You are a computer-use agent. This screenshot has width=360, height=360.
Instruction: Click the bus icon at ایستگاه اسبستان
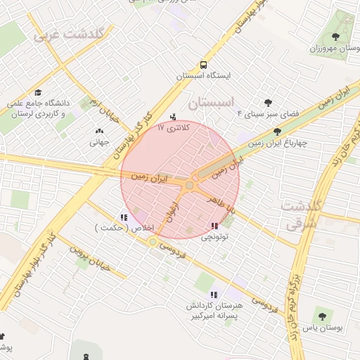click(x=203, y=63)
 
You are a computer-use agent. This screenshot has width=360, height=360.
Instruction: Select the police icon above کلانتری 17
click(x=174, y=116)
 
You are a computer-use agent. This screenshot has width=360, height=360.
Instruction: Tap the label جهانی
click(x=98, y=141)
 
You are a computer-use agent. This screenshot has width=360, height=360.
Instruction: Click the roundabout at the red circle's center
click(x=189, y=185)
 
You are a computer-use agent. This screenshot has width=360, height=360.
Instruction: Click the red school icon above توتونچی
click(x=214, y=226)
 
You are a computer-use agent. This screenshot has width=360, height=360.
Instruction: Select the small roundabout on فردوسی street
click(x=153, y=242)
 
